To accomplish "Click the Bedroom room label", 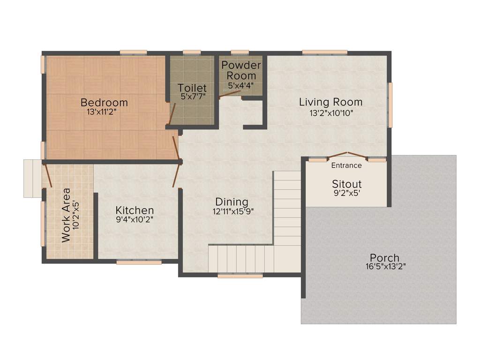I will coord(104,102).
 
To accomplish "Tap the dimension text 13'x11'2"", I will coord(104,113).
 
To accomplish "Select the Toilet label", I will coord(192,88).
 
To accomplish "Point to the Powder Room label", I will coord(241,70).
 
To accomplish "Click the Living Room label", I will coord(331,102).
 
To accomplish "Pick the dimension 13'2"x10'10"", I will coord(331,113).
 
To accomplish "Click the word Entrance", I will coord(346,165).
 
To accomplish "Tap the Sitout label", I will coord(347,184).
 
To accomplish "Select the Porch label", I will coord(384,258).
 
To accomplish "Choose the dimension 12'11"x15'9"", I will coord(233,212).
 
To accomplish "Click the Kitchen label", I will coord(135,210).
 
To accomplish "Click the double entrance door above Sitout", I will coord(347,156).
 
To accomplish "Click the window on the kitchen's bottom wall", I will coord(139,262).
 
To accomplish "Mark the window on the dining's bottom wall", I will coord(240,277).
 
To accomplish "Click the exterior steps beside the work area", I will coord(33,178).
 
